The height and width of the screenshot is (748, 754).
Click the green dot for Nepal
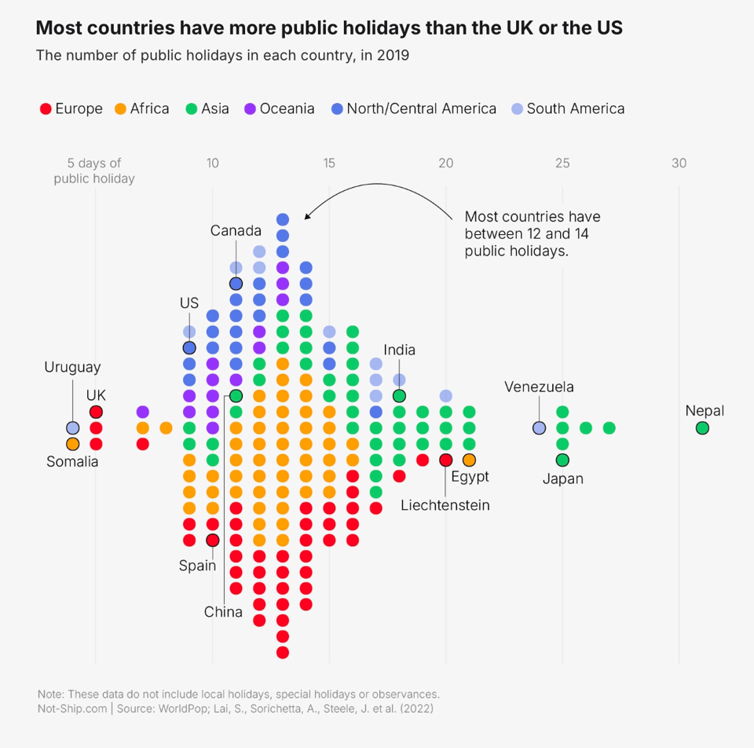[x=702, y=428]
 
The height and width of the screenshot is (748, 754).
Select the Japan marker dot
[x=562, y=460]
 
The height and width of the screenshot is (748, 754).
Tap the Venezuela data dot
[x=539, y=428]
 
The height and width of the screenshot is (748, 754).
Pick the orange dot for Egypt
[x=469, y=460]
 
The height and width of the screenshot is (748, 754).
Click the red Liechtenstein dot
[x=446, y=460]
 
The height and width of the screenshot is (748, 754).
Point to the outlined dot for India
[x=399, y=396]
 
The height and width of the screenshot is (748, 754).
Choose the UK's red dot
[x=96, y=412]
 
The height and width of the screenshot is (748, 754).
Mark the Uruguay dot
[x=72, y=428]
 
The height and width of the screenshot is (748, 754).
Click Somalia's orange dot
[x=72, y=444]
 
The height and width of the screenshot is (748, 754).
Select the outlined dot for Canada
[x=236, y=284]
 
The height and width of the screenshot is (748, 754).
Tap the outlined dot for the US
[x=189, y=347]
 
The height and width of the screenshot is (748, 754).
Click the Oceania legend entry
[x=279, y=108]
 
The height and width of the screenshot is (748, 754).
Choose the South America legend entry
[x=568, y=108]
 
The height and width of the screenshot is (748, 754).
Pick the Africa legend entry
[x=142, y=108]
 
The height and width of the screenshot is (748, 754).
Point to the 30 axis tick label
[x=679, y=163]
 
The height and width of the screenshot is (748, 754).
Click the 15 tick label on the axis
[x=329, y=163]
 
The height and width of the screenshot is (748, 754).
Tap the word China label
[x=223, y=612]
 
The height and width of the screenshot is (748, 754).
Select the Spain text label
[x=197, y=565]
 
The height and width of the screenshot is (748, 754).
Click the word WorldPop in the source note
[x=188, y=709]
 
